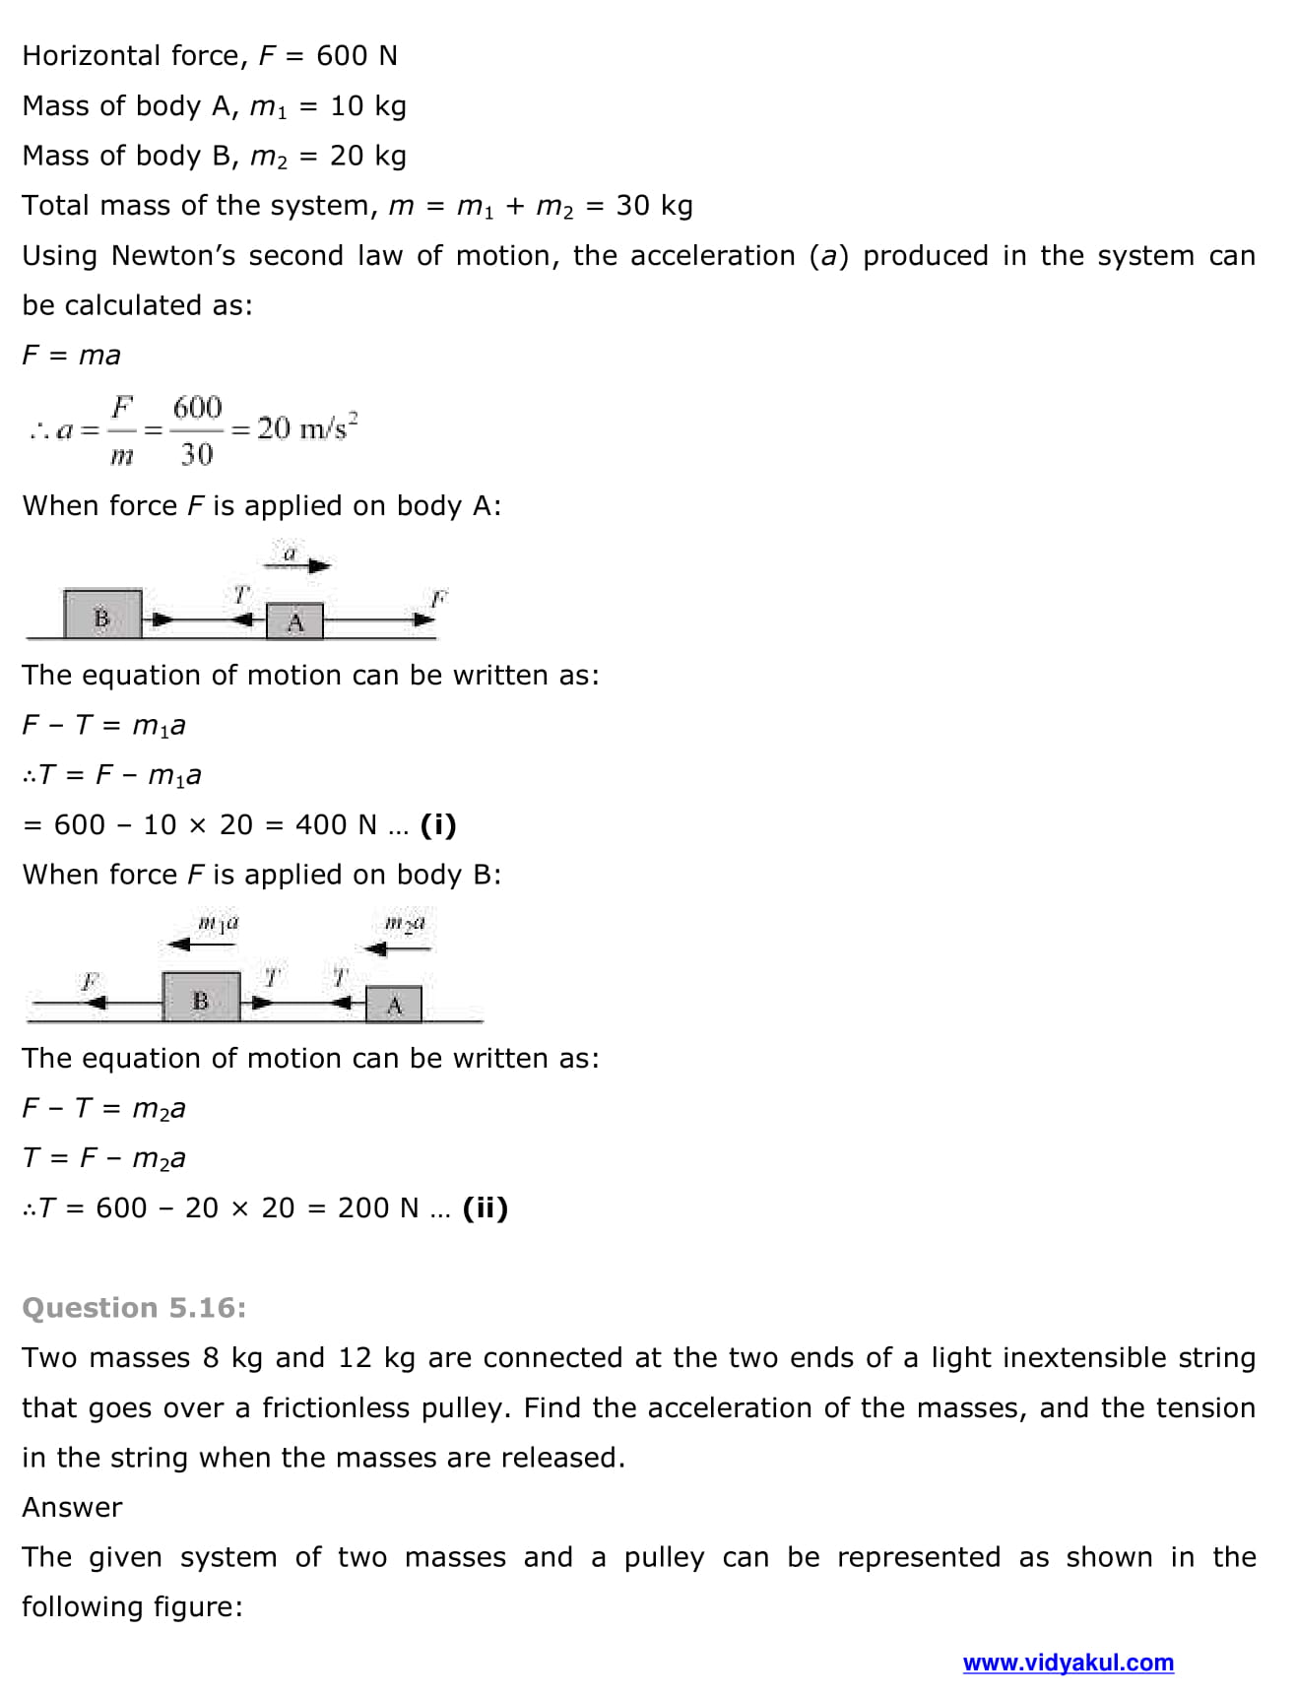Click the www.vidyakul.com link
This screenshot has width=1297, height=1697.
(1068, 1663)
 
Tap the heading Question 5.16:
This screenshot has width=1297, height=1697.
(134, 1307)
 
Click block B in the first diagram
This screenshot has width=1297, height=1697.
(102, 616)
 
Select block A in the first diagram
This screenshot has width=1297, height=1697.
(294, 621)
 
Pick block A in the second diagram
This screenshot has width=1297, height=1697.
(394, 1005)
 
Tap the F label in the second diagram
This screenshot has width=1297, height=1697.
(90, 981)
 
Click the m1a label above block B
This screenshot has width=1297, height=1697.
(218, 924)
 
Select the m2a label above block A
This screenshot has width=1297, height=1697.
(404, 924)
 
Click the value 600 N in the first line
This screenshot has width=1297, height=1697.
(357, 56)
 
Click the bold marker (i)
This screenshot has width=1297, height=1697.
(438, 824)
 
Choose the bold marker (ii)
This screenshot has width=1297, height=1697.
(485, 1207)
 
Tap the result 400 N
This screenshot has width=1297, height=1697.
(336, 824)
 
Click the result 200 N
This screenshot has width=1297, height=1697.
(378, 1207)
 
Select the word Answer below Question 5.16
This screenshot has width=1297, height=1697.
(72, 1507)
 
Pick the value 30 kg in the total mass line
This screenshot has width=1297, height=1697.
(654, 206)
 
